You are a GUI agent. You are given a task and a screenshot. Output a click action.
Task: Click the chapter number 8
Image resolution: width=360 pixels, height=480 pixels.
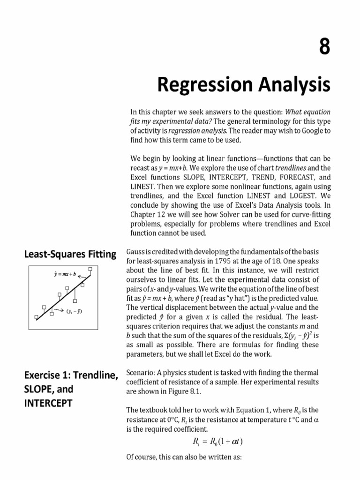click(x=323, y=48)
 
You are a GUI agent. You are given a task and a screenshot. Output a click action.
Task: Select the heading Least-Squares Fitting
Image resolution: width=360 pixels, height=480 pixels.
click(x=70, y=255)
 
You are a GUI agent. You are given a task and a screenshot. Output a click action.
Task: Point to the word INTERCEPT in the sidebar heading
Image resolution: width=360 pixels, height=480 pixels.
click(x=48, y=403)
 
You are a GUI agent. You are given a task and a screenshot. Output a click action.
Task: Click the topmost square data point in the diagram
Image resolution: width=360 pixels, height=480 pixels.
click(x=90, y=270)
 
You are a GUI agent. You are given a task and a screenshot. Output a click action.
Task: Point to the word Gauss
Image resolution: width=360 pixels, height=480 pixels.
click(x=135, y=253)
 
